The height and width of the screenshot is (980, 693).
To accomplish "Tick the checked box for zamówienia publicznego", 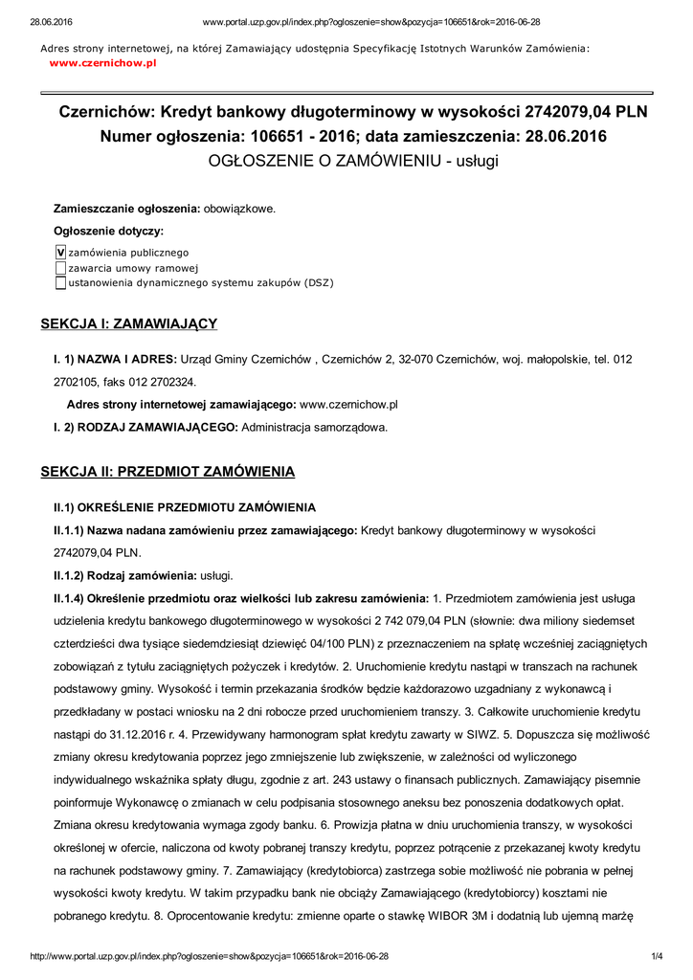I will point(60,252).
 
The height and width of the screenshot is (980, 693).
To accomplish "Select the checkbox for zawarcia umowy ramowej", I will point(60,267).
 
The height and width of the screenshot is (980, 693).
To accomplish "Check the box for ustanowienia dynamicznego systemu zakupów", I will point(60,282).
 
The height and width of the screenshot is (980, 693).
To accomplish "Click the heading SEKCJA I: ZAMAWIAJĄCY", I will point(128,323).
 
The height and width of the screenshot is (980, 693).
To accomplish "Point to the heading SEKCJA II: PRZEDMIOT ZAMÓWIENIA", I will point(168,472).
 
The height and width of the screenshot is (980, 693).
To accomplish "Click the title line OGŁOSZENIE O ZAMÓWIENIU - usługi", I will point(353,161).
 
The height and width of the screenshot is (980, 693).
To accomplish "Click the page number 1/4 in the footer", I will point(658,956).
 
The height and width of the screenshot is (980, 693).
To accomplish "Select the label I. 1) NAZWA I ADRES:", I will point(115,359).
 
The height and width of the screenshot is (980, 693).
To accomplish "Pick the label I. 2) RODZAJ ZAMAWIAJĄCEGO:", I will point(145,428).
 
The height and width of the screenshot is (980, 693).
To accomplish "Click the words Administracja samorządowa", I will point(315,428).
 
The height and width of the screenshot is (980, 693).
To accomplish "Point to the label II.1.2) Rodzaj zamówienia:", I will point(124,575).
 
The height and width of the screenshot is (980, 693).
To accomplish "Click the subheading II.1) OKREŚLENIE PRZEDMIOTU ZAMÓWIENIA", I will point(184,506).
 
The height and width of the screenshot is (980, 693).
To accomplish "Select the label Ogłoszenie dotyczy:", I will point(108,231).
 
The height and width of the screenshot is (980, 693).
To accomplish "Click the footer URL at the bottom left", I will point(210,956).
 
